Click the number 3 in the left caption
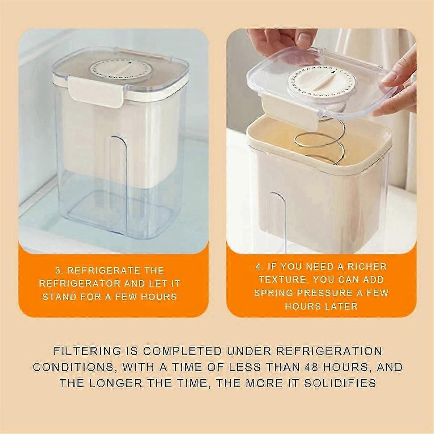click(x=58, y=271)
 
